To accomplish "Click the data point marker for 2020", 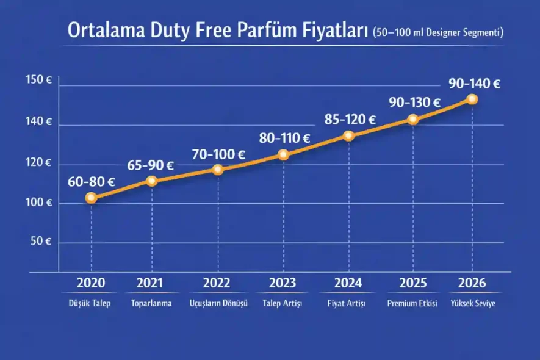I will [x=91, y=198].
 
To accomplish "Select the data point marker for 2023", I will [x=283, y=154].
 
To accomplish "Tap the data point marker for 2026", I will [x=472, y=99].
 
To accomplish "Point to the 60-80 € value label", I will [x=92, y=181].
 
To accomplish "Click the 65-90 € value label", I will [x=150, y=165].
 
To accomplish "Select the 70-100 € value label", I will [x=218, y=154].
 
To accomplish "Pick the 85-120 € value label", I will [x=350, y=120].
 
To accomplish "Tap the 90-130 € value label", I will [x=415, y=103].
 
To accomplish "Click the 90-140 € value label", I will [x=474, y=84].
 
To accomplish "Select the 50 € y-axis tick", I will [x=40, y=241].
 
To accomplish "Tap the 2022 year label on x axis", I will [x=217, y=283].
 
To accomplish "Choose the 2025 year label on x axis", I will [x=413, y=283].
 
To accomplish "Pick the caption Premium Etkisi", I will [x=413, y=304].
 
